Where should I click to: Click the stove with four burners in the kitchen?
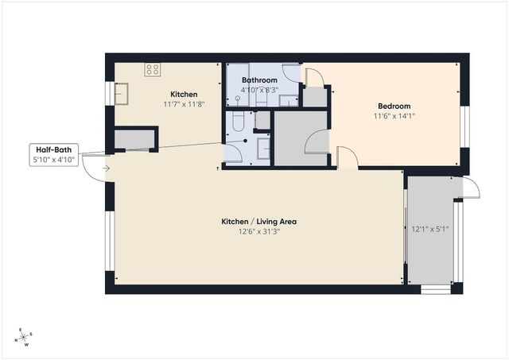(x=152, y=69)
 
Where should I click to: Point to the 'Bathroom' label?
(x=259, y=80)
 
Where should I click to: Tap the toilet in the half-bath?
(x=237, y=122)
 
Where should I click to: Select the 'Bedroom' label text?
(x=394, y=106)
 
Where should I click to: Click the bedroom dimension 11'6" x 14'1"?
(x=394, y=116)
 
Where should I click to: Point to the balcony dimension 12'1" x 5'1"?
(x=430, y=230)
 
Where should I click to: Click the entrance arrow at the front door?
(x=107, y=168)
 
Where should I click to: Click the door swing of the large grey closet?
(x=317, y=144)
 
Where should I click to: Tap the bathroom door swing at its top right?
(x=313, y=76)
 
